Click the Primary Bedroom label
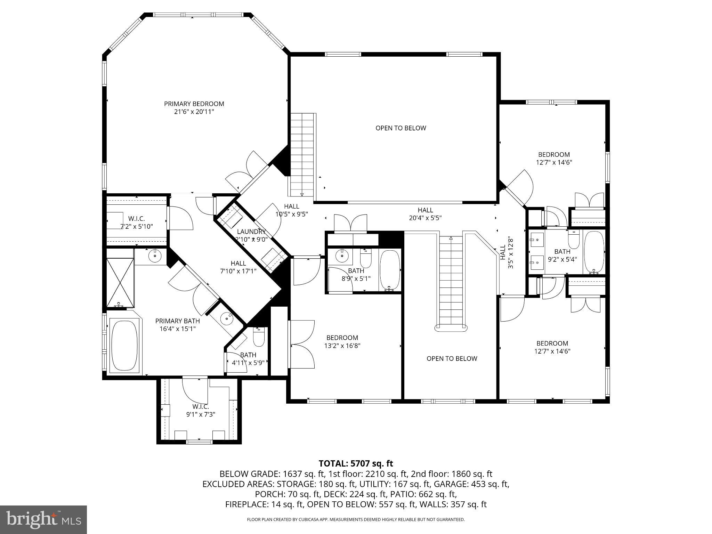[x=194, y=104]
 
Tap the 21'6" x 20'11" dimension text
[x=194, y=112]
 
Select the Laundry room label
[x=251, y=232]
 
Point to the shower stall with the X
[x=120, y=278]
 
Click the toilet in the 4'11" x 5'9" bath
[x=259, y=337]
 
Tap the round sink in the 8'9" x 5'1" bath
[x=342, y=256]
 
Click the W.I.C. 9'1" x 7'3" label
[x=201, y=411]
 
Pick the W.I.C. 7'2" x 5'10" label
[x=136, y=222]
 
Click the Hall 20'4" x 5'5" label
[x=425, y=214]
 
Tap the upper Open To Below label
[x=400, y=128]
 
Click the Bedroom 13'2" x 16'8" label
[x=342, y=341]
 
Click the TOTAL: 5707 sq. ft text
[x=356, y=463]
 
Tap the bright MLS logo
[x=43, y=520]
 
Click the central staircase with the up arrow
[x=451, y=282]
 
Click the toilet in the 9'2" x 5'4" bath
[x=574, y=240]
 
